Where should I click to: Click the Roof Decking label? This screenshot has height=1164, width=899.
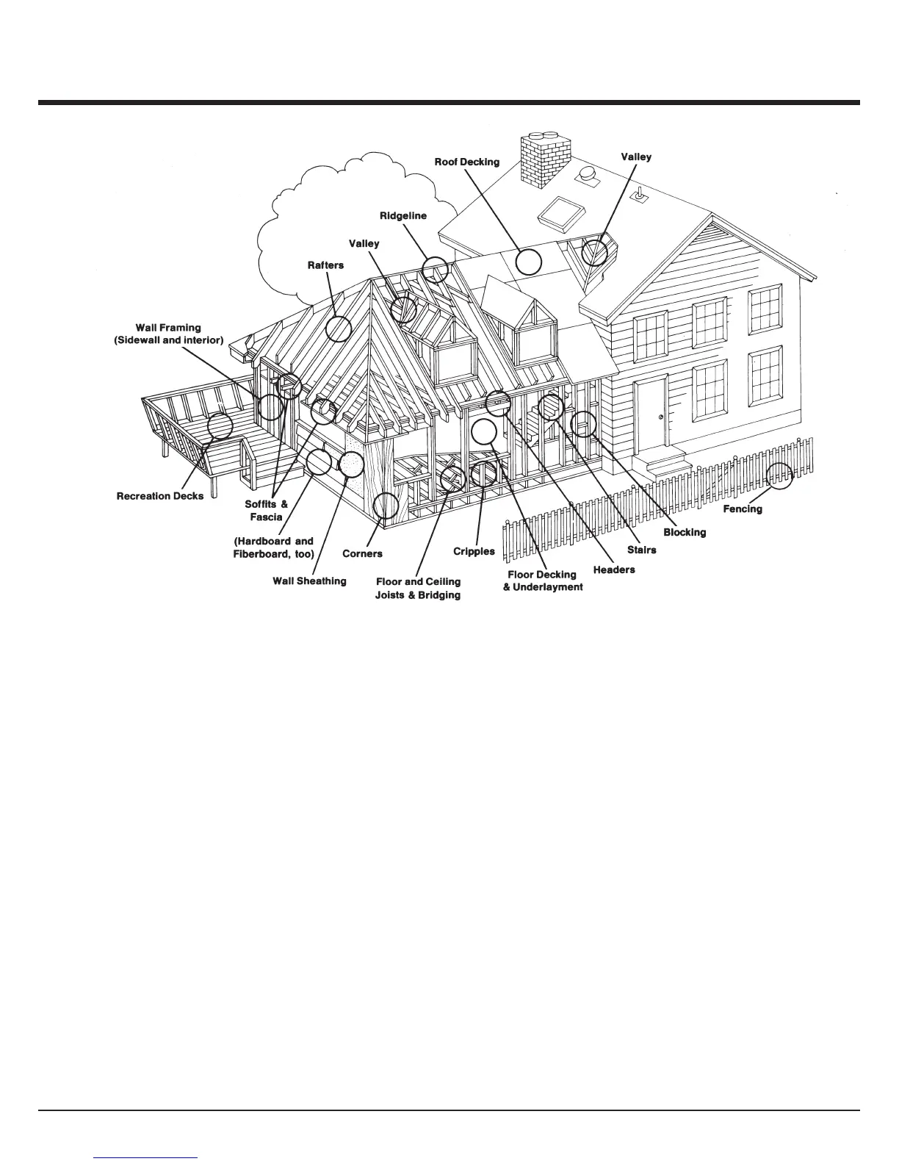[466, 162]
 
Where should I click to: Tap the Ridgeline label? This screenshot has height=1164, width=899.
[402, 216]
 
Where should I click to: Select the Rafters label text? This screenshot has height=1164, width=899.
[325, 265]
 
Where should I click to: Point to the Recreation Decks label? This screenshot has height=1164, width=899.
[160, 496]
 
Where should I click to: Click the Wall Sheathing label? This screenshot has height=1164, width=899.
[309, 581]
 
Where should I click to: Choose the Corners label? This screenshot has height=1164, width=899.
[362, 553]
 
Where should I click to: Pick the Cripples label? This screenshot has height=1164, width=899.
[474, 551]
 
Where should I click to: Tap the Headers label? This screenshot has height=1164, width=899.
[614, 570]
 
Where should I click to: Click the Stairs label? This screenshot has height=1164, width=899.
[642, 550]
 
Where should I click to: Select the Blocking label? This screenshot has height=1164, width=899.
[685, 532]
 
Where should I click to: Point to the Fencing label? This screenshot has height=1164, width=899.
[742, 509]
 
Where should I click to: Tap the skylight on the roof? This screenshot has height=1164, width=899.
[563, 212]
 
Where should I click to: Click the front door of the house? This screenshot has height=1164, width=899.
[651, 413]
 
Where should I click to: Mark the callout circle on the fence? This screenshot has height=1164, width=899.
[780, 476]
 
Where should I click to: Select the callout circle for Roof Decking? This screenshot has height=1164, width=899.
[528, 261]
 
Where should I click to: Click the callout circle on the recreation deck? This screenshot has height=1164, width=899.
[220, 425]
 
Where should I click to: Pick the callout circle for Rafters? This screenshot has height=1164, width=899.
[339, 328]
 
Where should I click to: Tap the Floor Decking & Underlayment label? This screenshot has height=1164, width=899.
[542, 581]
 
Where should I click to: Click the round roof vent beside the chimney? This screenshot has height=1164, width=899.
[586, 174]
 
